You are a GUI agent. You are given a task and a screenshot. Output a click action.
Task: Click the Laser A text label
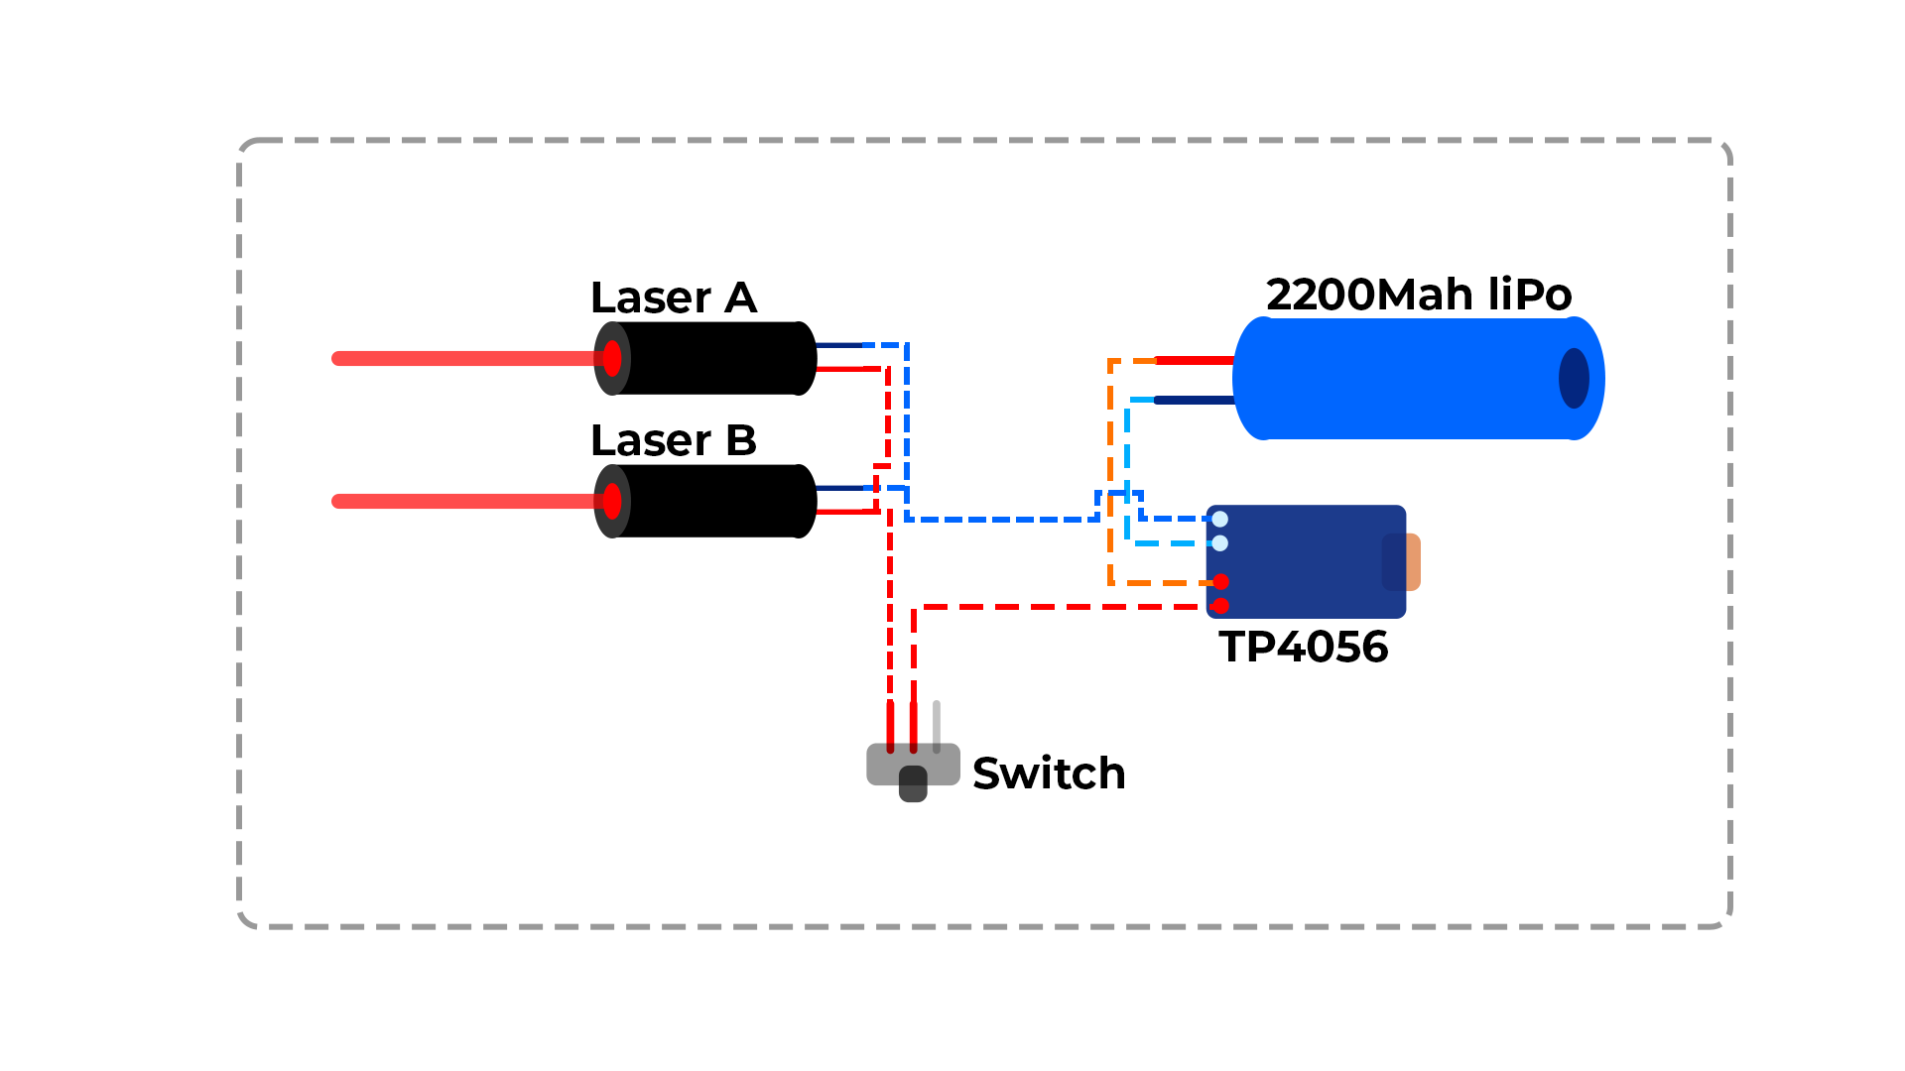[673, 297]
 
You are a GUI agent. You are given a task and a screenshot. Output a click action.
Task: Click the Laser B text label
[673, 440]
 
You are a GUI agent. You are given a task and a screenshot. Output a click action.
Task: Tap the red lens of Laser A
[612, 358]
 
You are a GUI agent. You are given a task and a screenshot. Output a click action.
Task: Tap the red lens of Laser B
[612, 501]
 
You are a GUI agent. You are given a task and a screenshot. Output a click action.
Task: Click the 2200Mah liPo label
[1419, 295]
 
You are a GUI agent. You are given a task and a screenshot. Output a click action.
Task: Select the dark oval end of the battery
[1574, 378]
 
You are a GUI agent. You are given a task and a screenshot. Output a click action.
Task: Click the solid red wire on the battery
[1195, 360]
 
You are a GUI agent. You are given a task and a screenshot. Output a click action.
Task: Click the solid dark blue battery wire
[1195, 400]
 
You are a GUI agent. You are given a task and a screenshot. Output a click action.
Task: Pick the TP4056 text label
[1303, 647]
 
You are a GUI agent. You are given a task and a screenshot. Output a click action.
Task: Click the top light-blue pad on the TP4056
[1220, 519]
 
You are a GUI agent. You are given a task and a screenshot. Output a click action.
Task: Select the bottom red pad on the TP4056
[1220, 605]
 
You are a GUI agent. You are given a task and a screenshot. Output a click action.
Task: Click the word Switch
[1049, 773]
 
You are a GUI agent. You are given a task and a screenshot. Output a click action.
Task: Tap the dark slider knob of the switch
[913, 783]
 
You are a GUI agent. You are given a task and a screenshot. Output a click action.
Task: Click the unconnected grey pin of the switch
[937, 724]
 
